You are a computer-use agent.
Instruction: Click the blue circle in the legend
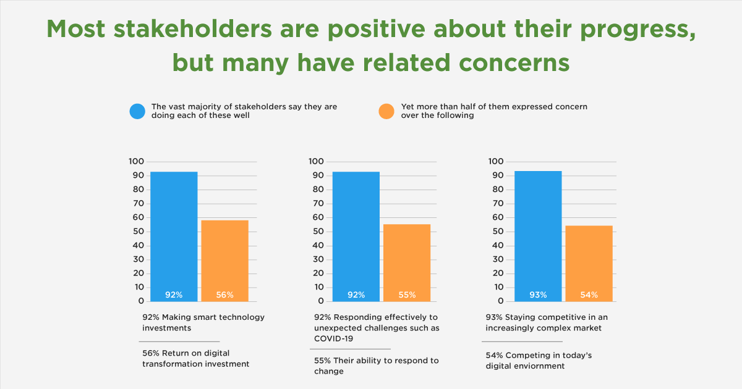[x=137, y=111]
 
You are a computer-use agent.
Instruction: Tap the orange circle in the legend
[x=386, y=111]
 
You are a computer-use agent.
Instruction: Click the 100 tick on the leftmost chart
[x=136, y=161]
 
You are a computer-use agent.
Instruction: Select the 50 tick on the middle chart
[x=317, y=232]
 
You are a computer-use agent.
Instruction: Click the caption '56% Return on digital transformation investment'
[x=195, y=359]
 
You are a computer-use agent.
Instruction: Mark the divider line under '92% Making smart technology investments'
[x=179, y=341]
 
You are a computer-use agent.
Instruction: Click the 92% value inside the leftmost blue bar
[x=174, y=295]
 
